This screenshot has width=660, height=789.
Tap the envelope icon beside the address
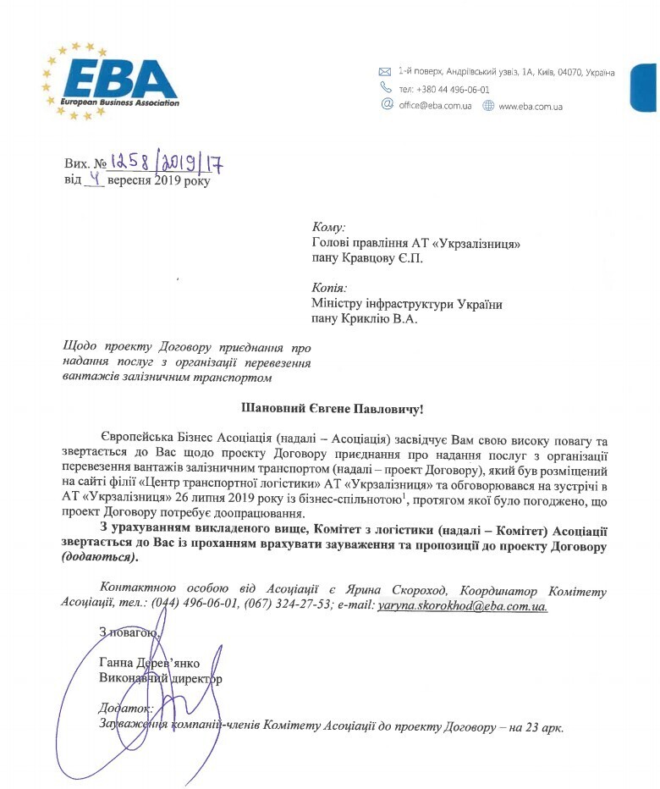tap(385, 72)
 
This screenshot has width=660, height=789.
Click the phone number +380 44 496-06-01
tap(455, 90)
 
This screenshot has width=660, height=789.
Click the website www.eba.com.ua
tap(531, 107)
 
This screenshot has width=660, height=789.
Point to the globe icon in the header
tap(488, 106)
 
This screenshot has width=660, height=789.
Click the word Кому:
tap(329, 227)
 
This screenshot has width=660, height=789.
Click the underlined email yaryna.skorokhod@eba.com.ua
tap(462, 606)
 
